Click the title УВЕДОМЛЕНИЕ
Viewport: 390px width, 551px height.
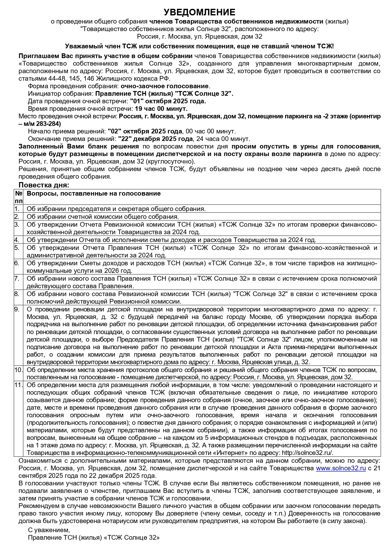pyautogui.click(x=199, y=12)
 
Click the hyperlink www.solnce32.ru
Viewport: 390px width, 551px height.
pyautogui.click(x=341, y=468)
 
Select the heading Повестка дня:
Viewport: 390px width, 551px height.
pyautogui.click(x=44, y=185)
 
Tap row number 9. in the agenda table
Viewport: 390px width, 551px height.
pyautogui.click(x=17, y=309)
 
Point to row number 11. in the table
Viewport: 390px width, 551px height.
pyautogui.click(x=18, y=385)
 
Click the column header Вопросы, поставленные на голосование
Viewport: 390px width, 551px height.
pyautogui.click(x=93, y=193)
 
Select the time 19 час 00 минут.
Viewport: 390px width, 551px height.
pyautogui.click(x=161, y=109)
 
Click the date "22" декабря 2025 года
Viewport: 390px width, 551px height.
pyautogui.click(x=155, y=139)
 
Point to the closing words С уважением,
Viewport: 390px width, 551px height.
pyautogui.click(x=49, y=530)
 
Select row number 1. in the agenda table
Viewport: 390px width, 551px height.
pyautogui.click(x=17, y=209)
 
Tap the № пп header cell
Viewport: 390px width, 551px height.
pyautogui.click(x=19, y=197)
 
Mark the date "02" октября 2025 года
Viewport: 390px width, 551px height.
pyautogui.click(x=145, y=131)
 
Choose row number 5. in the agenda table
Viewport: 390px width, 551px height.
pyautogui.click(x=17, y=248)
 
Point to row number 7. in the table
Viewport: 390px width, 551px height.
pyautogui.click(x=17, y=278)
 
